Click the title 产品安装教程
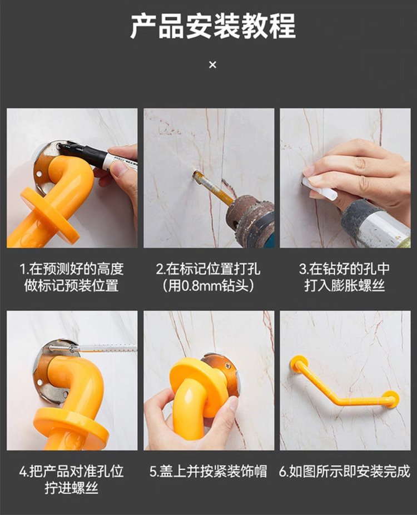213,26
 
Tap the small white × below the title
212,65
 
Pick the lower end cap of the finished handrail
392,399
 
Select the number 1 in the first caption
23,269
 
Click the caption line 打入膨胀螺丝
344,286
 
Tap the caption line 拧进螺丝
72,488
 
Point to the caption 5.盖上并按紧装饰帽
209,471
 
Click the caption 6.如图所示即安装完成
345,471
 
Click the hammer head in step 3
374,224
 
